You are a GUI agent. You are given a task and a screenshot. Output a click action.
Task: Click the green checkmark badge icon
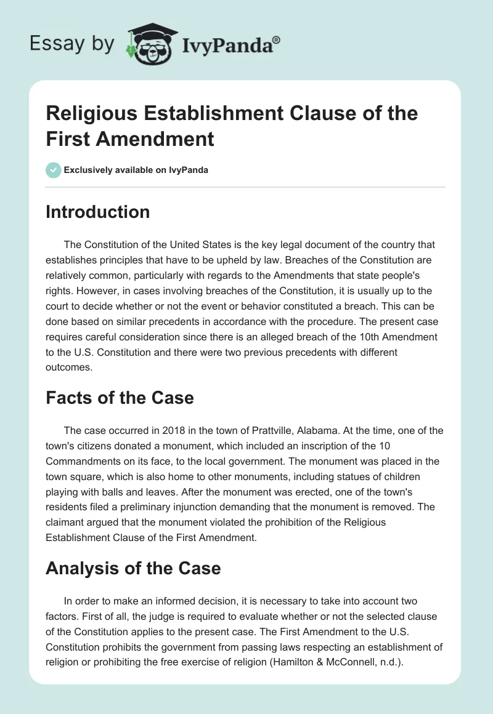click(x=53, y=170)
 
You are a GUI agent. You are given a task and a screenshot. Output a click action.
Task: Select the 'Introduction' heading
click(x=98, y=212)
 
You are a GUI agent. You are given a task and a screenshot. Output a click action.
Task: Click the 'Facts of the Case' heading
click(x=120, y=398)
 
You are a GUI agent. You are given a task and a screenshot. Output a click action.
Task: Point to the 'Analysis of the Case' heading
click(x=133, y=568)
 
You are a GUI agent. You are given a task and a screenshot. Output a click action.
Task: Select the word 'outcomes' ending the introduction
click(x=69, y=367)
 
